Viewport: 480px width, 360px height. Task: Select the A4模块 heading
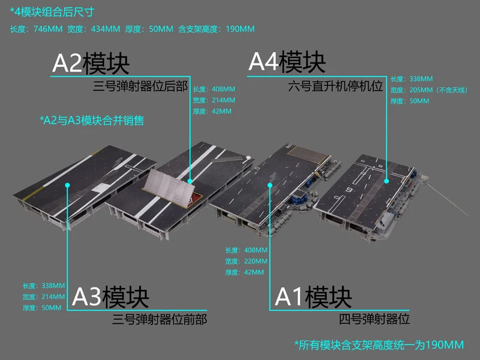[x=287, y=62]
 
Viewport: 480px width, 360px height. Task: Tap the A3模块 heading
[x=110, y=297]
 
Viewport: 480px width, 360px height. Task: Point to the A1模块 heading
[x=313, y=297]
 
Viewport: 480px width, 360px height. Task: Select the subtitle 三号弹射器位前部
[x=160, y=319]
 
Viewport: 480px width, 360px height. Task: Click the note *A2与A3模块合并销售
[x=92, y=121]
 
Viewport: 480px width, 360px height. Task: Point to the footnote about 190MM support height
[x=379, y=344]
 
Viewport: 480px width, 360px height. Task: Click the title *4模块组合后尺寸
[x=52, y=12]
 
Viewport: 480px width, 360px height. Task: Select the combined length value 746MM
[x=49, y=29]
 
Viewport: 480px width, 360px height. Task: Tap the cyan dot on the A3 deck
[x=68, y=185]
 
